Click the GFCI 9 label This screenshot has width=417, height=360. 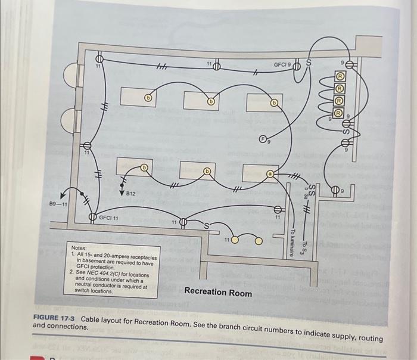tap(282, 64)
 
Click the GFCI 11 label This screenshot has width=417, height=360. tap(108, 218)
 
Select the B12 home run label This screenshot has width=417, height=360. tap(131, 194)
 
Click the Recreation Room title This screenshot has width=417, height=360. tap(218, 292)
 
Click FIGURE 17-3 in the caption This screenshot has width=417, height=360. tap(56, 318)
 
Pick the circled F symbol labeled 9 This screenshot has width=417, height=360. tap(262, 140)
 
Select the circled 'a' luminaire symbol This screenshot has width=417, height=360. tap(270, 173)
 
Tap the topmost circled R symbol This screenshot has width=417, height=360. tap(340, 76)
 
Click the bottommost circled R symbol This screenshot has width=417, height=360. tap(338, 111)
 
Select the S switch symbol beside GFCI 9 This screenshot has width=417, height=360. tap(309, 62)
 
